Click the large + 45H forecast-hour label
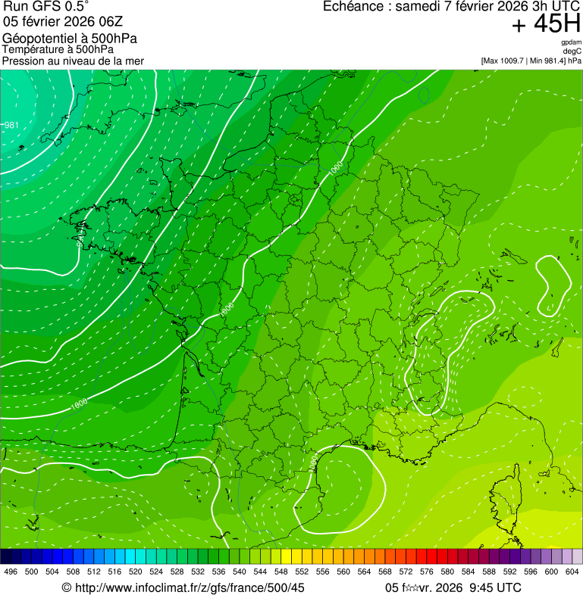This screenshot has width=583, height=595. pos(546,24)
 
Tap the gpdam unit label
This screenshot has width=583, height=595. pos(572,42)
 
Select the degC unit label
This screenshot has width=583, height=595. pos(573,51)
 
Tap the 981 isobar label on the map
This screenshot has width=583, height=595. pos(11,125)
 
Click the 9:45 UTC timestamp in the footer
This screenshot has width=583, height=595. pos(496,587)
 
